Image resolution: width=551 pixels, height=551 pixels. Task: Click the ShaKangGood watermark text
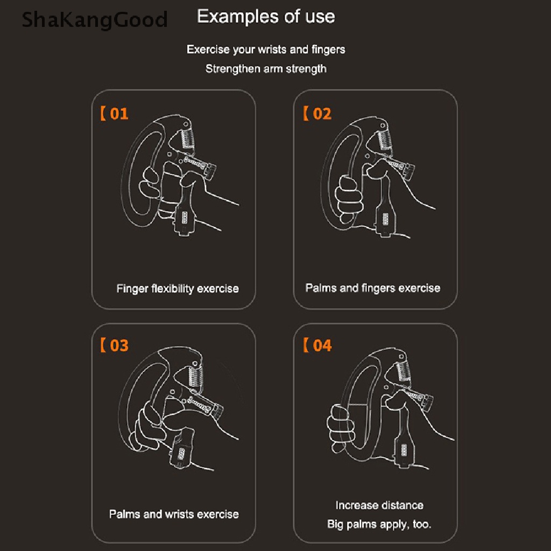coord(94,20)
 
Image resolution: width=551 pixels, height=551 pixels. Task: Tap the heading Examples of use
coord(266,17)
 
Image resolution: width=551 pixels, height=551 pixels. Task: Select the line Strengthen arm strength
coord(266,68)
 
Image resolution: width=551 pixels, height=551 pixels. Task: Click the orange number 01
coord(119,114)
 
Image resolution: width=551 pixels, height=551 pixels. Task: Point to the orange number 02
coord(322,114)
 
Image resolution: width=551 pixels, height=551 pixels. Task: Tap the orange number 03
coord(119,345)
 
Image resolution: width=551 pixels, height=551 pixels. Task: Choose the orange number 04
coord(322,345)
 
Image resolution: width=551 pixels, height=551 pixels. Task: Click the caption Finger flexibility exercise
coord(178,288)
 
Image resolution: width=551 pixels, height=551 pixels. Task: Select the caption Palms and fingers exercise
coord(372,288)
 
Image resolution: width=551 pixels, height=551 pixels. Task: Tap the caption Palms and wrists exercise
coord(174,514)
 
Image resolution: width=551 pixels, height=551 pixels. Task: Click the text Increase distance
coord(379,505)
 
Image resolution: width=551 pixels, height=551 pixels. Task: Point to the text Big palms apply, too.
coord(379,524)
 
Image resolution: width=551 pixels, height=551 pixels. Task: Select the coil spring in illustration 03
coord(195,375)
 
